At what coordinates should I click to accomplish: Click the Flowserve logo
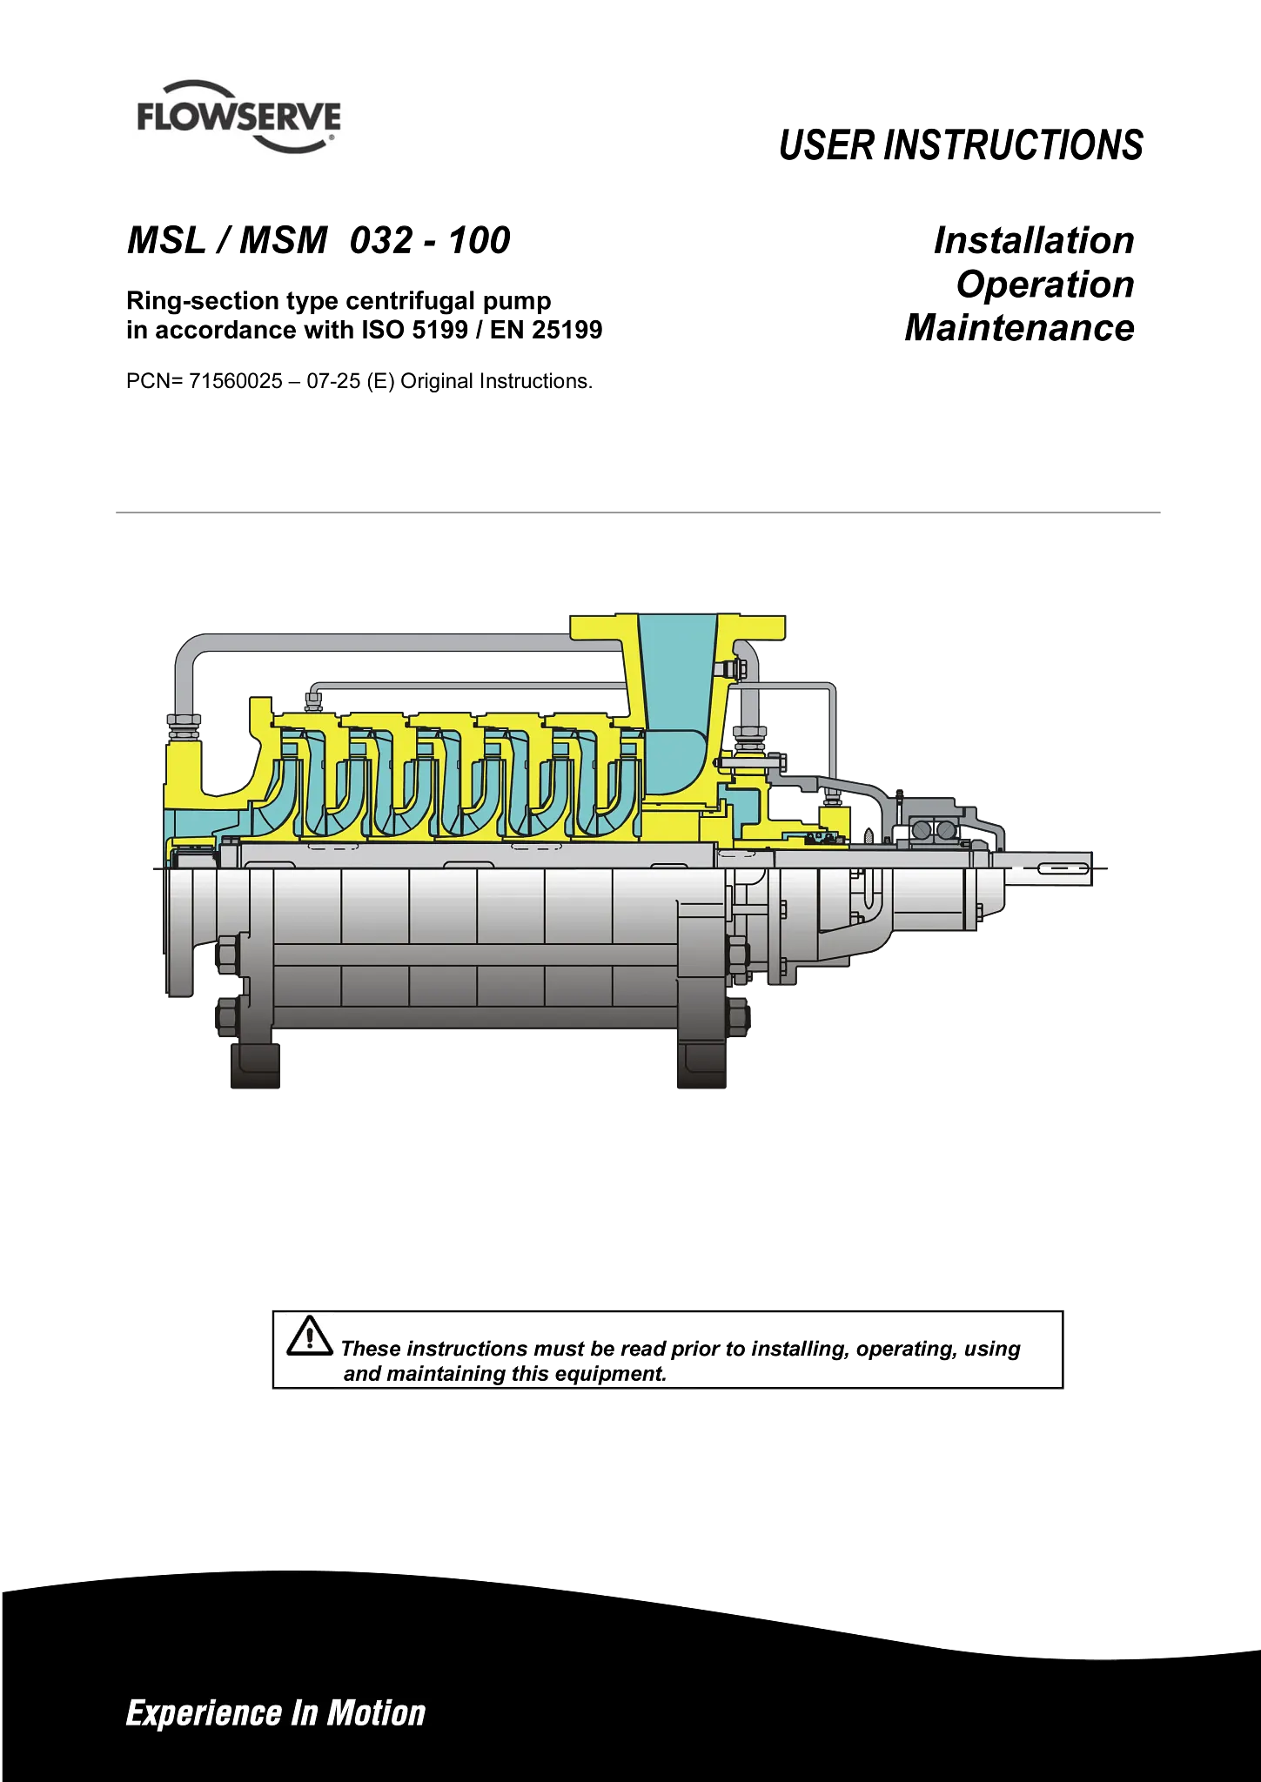pos(239,108)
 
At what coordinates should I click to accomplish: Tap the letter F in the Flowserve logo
pos(146,117)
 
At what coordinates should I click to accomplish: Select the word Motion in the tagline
pos(376,1713)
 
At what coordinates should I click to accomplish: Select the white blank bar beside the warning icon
pos(696,1326)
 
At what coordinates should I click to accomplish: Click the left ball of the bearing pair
pos(922,831)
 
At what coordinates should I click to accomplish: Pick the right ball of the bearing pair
pos(943,831)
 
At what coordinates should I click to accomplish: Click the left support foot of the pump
pos(257,1067)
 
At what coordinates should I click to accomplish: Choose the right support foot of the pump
pos(703,1067)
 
